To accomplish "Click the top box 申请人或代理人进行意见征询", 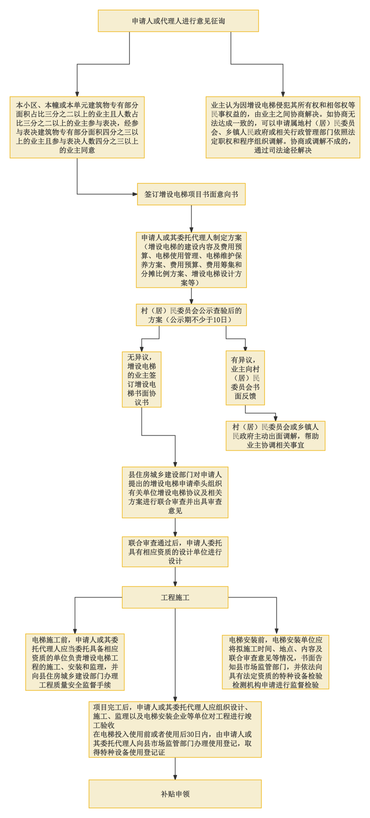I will [x=178, y=21].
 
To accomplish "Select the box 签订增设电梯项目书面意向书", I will [x=191, y=194].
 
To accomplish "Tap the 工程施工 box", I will [x=175, y=597].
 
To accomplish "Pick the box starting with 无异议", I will [x=142, y=380].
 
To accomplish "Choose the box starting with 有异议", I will [x=245, y=378].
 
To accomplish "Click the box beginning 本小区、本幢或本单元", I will [x=77, y=128].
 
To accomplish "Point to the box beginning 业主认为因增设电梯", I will [x=283, y=128].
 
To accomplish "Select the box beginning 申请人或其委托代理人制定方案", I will [x=191, y=260].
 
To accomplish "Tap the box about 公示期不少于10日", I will [x=191, y=315].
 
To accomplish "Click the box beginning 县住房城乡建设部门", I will [x=175, y=492].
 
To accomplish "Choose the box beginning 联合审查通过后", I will [x=175, y=552].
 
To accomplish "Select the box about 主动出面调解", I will [x=275, y=436].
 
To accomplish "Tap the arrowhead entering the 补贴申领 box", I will [x=175, y=777].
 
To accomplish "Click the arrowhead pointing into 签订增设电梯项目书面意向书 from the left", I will [x=135, y=194].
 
